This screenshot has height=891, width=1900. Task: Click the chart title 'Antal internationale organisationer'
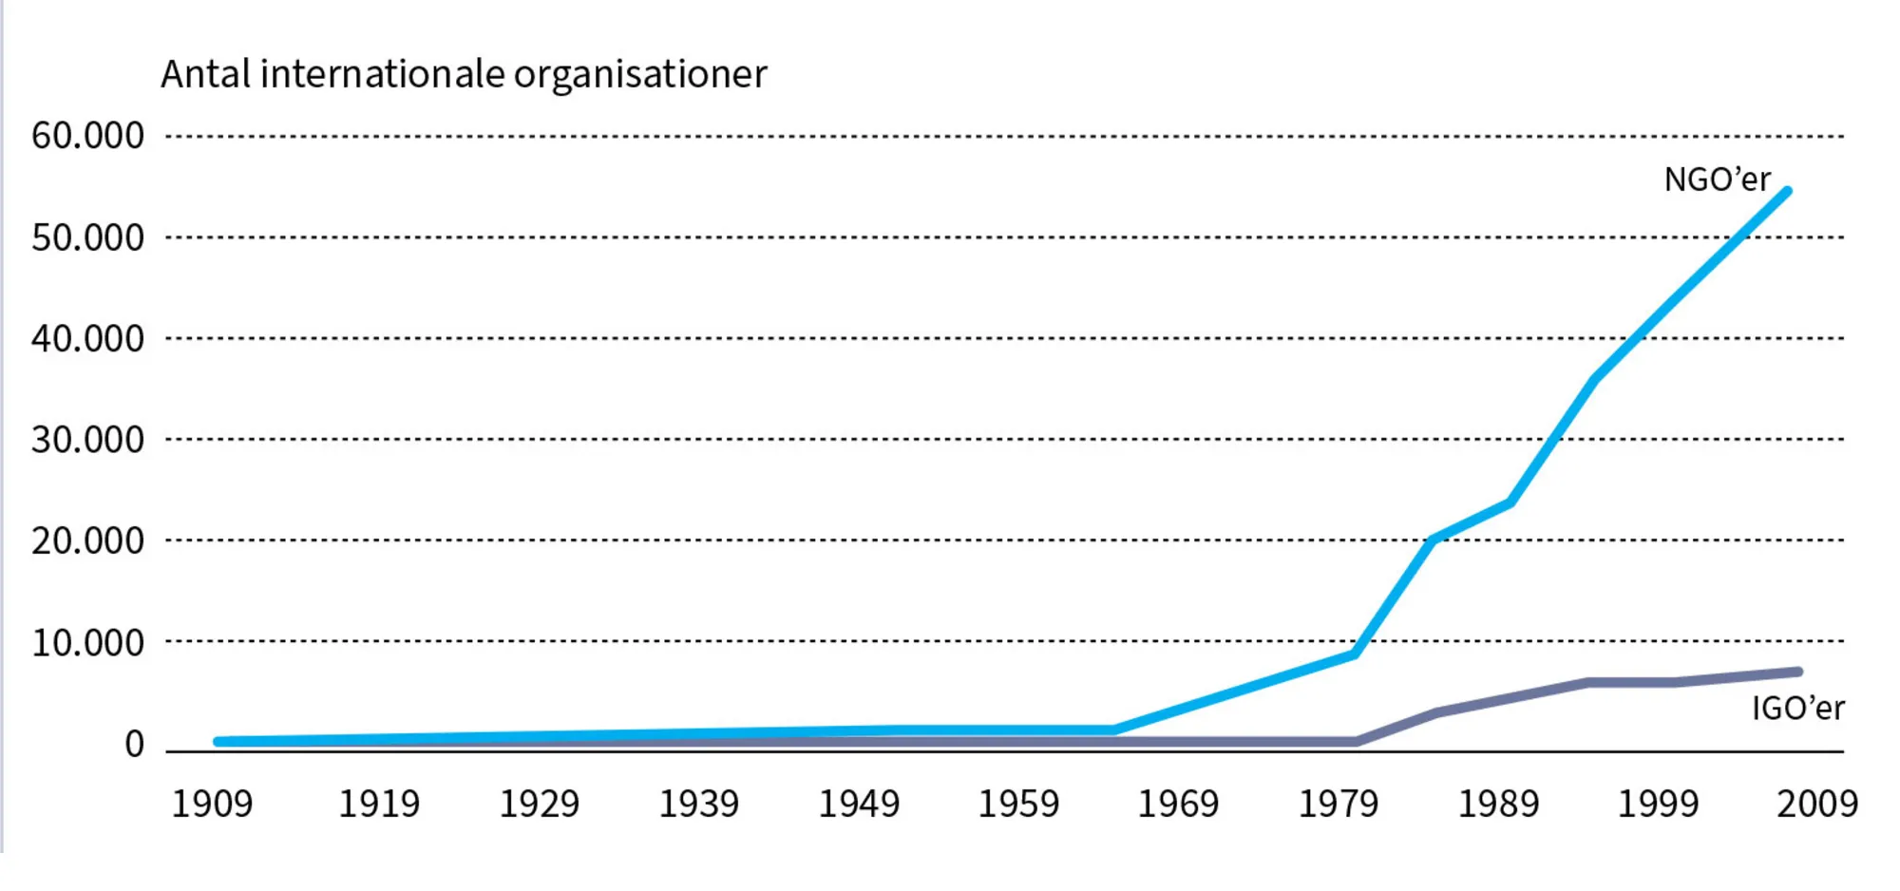tap(464, 74)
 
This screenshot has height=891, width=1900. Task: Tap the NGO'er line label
tap(1717, 180)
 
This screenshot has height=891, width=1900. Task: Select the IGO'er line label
tap(1797, 708)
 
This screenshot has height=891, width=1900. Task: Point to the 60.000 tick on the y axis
tap(87, 136)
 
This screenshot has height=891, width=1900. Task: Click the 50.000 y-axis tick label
tap(87, 237)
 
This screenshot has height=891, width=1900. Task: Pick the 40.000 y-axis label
tap(87, 339)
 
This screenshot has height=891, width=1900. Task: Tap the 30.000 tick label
tap(87, 440)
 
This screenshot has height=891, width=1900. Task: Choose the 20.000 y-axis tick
tap(87, 540)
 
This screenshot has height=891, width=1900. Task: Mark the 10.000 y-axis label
tap(87, 643)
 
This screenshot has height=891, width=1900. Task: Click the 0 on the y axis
tap(134, 744)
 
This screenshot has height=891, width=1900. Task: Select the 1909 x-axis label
tap(212, 805)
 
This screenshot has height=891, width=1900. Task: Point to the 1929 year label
tap(539, 805)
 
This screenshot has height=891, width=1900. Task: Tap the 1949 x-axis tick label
tap(859, 805)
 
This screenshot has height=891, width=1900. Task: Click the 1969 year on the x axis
tap(1178, 805)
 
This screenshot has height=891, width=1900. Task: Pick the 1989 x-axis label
tap(1498, 805)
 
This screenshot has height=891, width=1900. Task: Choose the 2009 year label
tap(1817, 805)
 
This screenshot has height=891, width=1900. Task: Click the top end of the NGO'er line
tap(1788, 191)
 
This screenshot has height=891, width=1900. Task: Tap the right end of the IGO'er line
tap(1798, 672)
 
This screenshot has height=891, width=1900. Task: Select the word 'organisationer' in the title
tap(640, 74)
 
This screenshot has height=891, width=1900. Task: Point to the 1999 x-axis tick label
tap(1658, 805)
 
